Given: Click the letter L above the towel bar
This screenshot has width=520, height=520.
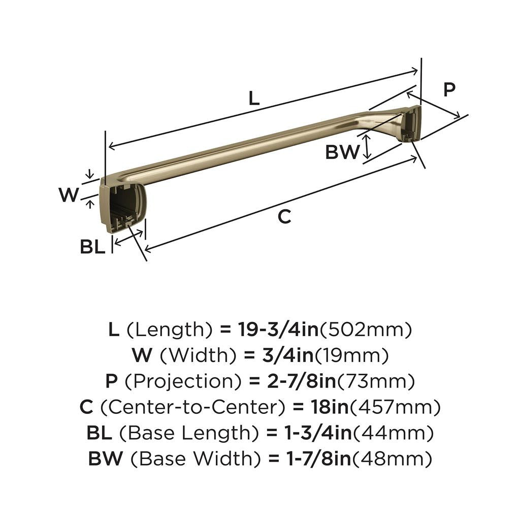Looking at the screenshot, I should coord(254,98).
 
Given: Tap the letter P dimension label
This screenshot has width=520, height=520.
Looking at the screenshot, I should coord(449,90).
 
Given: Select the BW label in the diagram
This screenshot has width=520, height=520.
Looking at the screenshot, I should coord(342,152).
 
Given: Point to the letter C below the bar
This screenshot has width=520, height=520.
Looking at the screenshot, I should coord(285,216).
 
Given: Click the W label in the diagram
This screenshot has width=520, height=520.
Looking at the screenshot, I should coord(69,195).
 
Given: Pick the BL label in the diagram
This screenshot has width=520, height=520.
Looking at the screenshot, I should coord(92,247).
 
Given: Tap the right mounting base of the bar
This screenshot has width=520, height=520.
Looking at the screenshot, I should coord(410,124).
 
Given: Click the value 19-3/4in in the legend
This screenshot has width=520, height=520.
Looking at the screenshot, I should coord(278,330).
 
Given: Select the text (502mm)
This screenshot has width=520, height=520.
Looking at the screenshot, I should coord(365,330).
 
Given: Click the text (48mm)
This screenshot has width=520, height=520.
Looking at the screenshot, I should coord(392,459).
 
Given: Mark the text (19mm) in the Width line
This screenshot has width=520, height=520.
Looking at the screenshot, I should coord(352,355).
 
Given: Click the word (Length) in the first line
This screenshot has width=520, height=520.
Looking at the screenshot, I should coord(169,330).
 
